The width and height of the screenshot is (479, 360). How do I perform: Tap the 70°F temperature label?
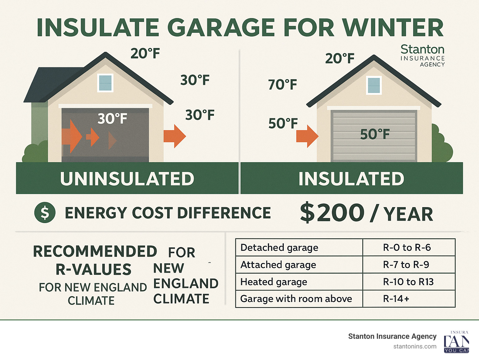coord(283,85)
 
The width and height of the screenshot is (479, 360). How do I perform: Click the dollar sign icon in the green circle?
coord(45,212)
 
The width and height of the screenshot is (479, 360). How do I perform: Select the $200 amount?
coord(332,213)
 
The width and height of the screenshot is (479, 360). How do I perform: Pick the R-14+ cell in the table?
coord(396,299)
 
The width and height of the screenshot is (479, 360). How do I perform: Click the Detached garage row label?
coord(279,248)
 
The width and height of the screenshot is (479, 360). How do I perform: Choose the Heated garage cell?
coord(274,282)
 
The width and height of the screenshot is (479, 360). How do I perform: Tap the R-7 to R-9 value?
coord(406,265)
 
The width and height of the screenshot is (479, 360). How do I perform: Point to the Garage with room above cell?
coord(296,299)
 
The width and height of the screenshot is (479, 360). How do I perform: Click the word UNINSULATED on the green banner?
coord(127,179)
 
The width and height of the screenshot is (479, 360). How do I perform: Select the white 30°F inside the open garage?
coord(112,119)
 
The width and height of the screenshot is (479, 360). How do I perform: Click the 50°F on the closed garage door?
coord(375,134)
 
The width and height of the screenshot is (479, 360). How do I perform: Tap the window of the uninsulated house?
coord(105,83)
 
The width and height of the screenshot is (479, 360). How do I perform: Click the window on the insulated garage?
coord(374,85)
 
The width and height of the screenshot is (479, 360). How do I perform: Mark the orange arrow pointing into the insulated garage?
coord(307,136)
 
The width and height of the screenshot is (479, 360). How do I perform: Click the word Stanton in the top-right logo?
coord(422,49)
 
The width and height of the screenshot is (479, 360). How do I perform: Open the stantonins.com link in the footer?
coord(415,346)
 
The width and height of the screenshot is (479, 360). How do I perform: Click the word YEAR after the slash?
coord(408,214)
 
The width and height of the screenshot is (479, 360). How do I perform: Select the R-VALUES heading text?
coord(94,270)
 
